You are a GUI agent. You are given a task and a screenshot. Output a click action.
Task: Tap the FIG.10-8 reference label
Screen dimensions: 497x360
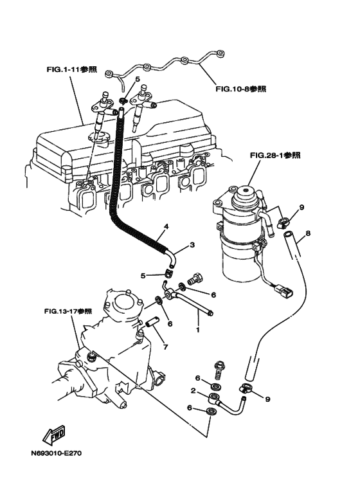240,89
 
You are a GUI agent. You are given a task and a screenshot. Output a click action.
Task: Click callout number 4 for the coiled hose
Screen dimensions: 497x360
165,227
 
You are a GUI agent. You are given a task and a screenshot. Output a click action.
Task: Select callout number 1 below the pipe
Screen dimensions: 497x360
198,330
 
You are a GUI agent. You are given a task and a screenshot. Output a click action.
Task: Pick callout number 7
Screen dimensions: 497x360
165,347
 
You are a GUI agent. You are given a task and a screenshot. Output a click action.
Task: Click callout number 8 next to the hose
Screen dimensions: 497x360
308,233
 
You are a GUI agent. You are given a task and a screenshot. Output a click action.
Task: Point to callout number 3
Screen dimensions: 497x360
191,245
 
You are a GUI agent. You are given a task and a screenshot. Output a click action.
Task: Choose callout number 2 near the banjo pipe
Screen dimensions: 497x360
192,391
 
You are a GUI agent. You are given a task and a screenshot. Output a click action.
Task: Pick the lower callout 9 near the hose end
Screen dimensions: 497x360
267,399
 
